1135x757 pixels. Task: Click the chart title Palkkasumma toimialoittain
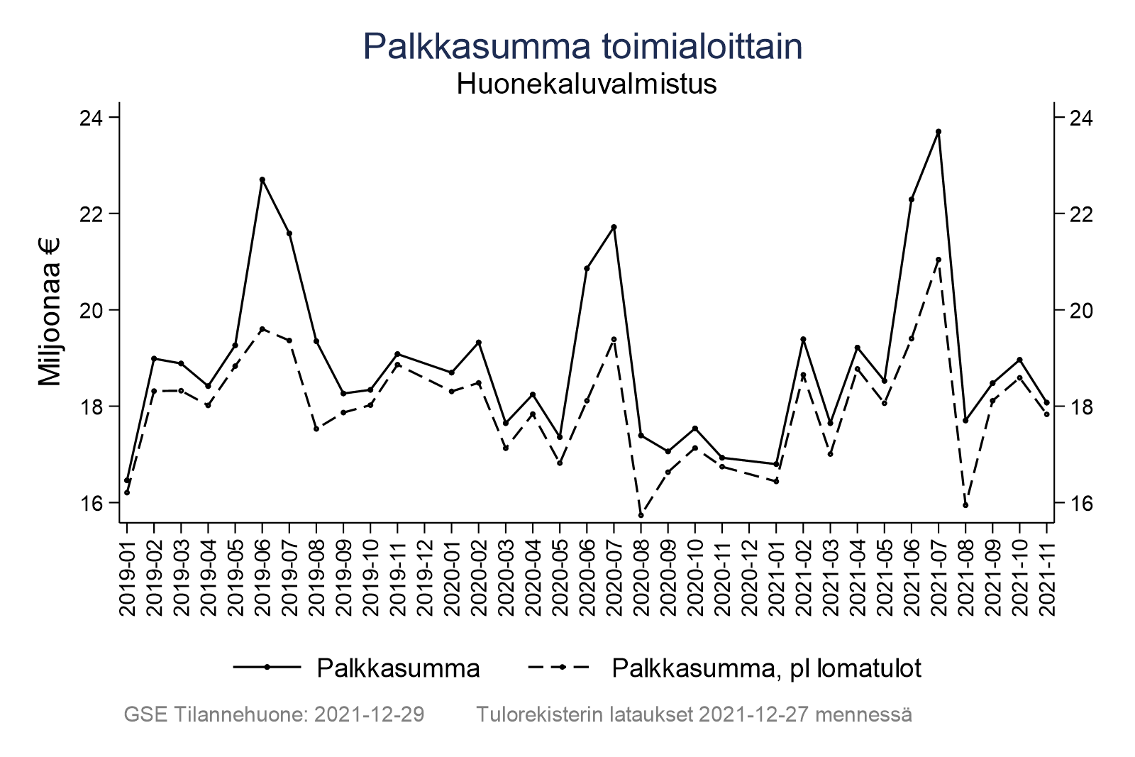582,47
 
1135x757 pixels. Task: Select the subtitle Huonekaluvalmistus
586,84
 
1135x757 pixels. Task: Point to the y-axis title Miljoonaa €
50,311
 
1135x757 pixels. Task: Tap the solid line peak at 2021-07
938,131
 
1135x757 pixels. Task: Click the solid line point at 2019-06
262,179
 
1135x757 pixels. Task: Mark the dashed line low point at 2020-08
641,515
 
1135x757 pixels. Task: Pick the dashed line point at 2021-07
938,260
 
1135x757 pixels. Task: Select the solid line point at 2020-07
614,227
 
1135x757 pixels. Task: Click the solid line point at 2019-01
127,480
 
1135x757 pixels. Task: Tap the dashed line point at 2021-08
965,505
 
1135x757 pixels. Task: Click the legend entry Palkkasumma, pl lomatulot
766,668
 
